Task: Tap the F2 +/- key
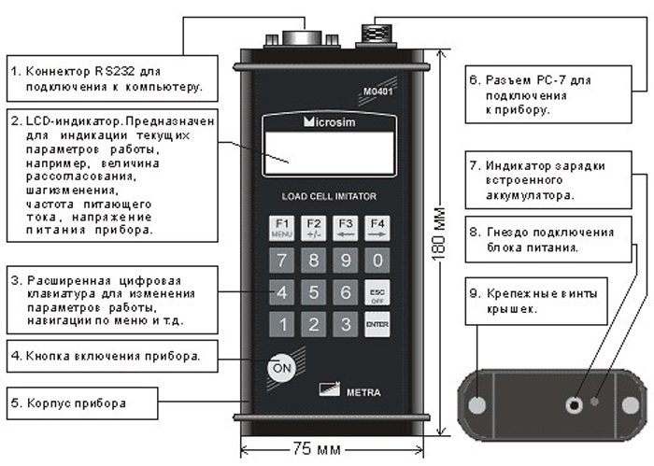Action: [314, 228]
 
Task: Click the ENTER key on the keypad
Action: [377, 324]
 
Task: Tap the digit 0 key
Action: [377, 261]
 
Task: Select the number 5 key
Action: [314, 292]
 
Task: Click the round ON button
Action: [281, 368]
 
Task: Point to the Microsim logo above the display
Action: [330, 121]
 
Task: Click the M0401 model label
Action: [377, 91]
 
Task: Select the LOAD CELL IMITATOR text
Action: [329, 196]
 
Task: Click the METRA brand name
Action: [363, 392]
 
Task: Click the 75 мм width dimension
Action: [317, 449]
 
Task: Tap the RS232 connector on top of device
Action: [302, 39]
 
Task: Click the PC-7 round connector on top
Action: [377, 35]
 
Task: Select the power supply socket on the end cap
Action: [575, 404]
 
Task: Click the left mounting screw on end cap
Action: [477, 405]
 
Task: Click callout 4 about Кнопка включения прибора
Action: [112, 357]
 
